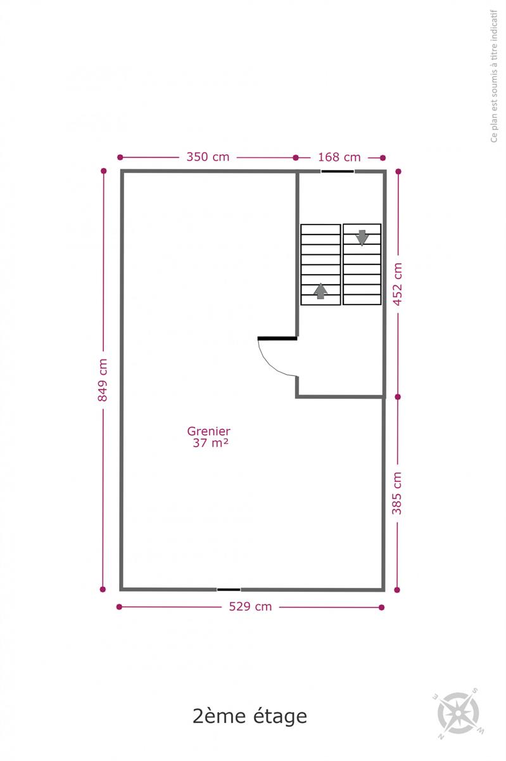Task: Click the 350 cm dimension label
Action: [x=208, y=157]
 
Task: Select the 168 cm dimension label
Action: [x=339, y=157]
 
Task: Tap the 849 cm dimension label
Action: [x=103, y=380]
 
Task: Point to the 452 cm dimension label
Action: [x=398, y=284]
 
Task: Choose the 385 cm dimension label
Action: [x=396, y=493]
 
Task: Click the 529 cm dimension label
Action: [x=250, y=607]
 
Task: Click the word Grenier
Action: [x=209, y=431]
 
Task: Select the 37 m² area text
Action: [x=210, y=443]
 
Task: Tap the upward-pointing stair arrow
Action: [x=320, y=291]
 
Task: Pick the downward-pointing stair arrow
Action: [x=362, y=238]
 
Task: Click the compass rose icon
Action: [x=459, y=712]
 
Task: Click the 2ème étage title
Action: [x=250, y=716]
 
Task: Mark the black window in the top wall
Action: [x=338, y=171]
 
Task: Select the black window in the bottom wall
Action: [x=229, y=589]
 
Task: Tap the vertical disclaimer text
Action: [x=494, y=76]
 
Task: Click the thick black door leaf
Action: [x=277, y=339]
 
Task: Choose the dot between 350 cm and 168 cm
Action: [x=296, y=158]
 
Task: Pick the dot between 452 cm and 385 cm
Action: [x=398, y=397]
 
